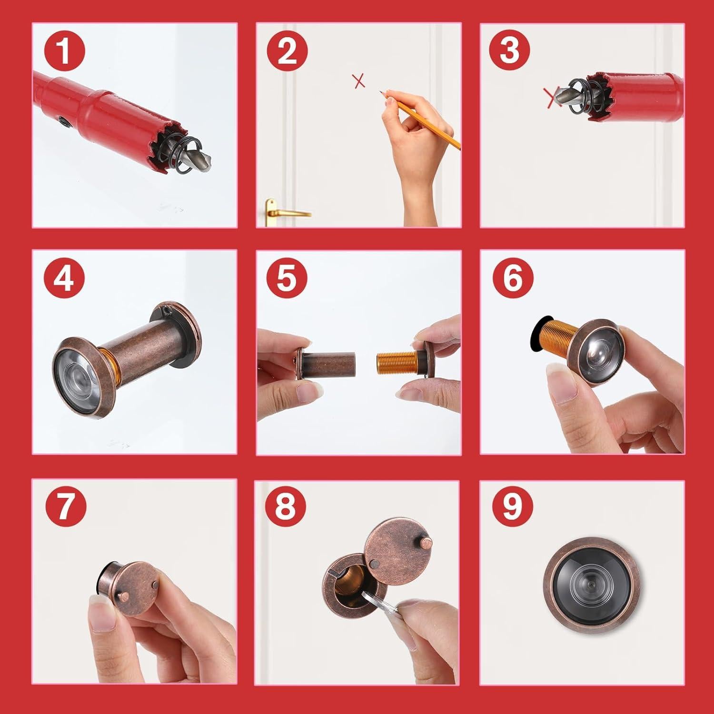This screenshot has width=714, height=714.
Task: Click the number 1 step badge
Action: coord(65,52)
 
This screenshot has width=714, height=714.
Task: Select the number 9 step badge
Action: coord(510,507)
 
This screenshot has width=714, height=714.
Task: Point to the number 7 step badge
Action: coord(65,507)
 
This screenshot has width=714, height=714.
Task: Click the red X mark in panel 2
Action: coord(359,81)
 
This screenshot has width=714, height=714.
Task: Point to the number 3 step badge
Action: coord(510,52)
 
